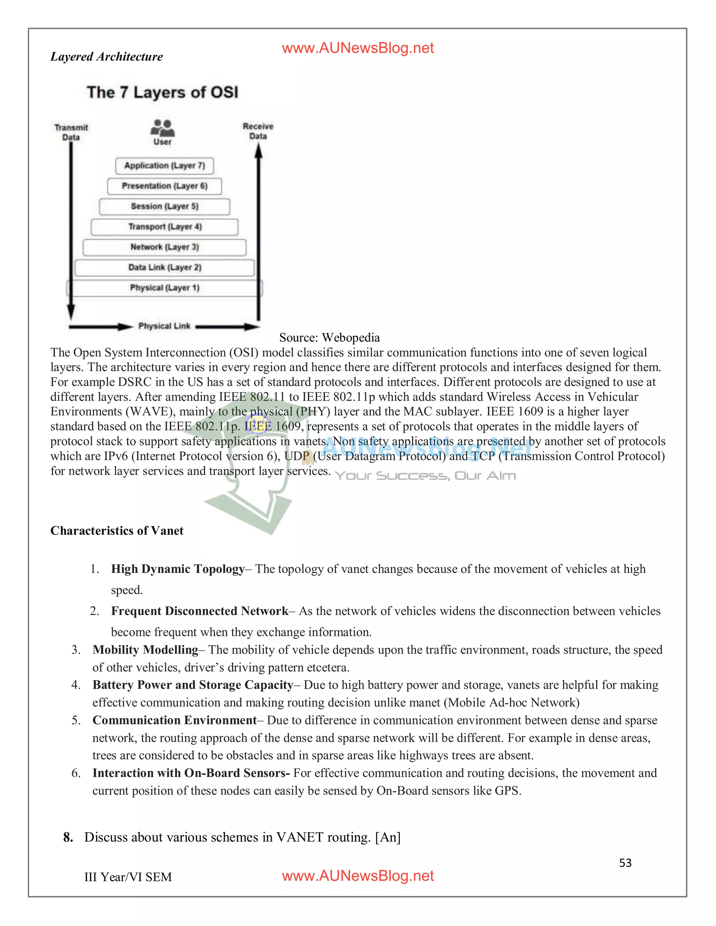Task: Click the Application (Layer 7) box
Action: [165, 166]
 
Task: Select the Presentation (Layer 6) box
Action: [165, 186]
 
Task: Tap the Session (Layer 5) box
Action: [165, 207]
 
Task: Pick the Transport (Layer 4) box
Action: [165, 227]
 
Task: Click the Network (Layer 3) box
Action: [165, 247]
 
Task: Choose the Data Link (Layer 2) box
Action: [165, 268]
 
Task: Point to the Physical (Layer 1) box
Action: [165, 288]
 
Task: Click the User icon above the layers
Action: [163, 128]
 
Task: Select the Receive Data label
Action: [258, 131]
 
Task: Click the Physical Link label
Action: [164, 326]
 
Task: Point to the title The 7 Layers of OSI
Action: [163, 93]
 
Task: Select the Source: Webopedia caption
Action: [329, 338]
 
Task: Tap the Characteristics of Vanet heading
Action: [117, 531]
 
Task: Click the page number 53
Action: [625, 863]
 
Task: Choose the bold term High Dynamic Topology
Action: [178, 569]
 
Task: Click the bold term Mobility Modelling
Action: [145, 650]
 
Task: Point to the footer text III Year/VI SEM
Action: [128, 877]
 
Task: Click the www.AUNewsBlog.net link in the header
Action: [358, 48]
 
